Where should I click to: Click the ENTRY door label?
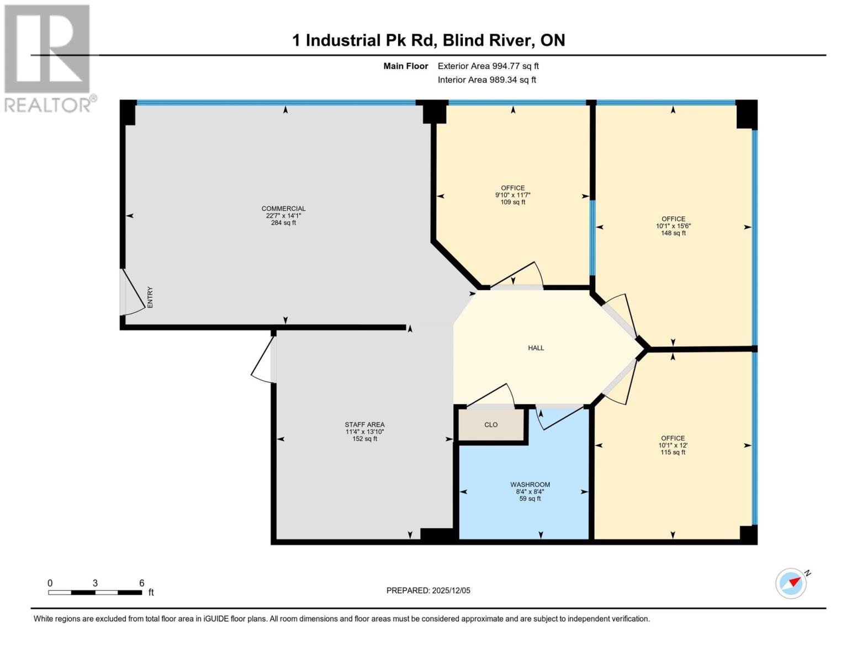tap(150, 297)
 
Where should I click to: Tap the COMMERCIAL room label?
tap(283, 216)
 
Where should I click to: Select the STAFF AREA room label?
tap(364, 432)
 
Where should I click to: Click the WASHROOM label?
tap(530, 492)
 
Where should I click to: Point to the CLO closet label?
tap(491, 425)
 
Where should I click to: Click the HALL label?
tap(536, 348)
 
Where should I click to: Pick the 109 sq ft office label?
tap(513, 195)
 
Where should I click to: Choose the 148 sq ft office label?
tap(673, 226)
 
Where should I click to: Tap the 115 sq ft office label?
tap(673, 445)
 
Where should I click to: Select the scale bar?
tap(94, 592)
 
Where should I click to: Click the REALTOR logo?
tap(49, 58)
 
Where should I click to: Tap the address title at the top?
tap(428, 40)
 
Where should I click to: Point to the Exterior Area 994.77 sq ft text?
tap(488, 66)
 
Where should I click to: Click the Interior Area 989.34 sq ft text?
tap(486, 80)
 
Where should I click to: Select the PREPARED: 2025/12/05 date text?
tap(428, 590)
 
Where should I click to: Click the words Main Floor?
tap(406, 66)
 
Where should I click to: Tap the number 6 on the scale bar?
tap(142, 583)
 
